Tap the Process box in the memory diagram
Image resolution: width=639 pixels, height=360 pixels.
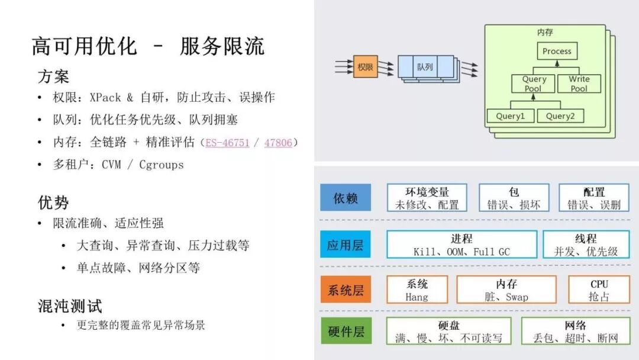(557, 51)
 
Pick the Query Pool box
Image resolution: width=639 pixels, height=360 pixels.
(534, 83)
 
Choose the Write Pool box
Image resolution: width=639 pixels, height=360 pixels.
(579, 83)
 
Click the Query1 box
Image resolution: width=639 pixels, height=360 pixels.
(510, 116)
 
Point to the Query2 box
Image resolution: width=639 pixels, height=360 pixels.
(560, 116)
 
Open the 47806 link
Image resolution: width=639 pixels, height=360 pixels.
(278, 143)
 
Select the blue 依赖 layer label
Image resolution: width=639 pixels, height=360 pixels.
(346, 198)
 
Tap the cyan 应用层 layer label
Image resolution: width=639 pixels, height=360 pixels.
(346, 245)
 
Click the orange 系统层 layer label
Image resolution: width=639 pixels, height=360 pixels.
(346, 290)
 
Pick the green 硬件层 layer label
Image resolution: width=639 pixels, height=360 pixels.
(346, 332)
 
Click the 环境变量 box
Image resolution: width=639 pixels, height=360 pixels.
(427, 198)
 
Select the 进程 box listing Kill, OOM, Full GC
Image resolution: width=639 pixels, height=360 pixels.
(461, 245)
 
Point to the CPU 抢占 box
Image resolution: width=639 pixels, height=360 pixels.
(599, 290)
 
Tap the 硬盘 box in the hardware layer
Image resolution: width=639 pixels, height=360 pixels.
(448, 332)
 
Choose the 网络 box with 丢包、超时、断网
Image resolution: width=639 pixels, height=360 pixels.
(575, 332)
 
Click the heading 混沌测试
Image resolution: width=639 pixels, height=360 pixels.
(70, 306)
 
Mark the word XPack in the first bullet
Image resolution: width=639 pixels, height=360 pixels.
(105, 97)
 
